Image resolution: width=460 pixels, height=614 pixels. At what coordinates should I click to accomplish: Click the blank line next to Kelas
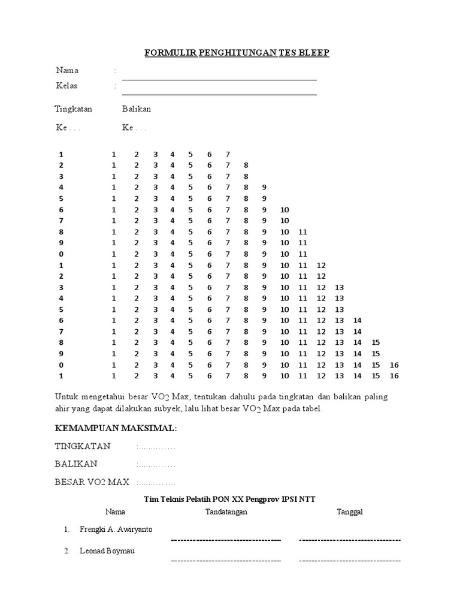point(219,94)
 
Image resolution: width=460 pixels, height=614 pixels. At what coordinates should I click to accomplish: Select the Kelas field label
point(66,86)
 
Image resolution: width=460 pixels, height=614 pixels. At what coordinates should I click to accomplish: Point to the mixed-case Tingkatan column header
point(74,109)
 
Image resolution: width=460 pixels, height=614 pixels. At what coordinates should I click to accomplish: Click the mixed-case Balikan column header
point(137,109)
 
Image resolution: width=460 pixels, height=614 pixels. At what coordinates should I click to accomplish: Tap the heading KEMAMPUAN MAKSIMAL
point(116,429)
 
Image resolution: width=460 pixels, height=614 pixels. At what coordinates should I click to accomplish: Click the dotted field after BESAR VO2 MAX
point(156,482)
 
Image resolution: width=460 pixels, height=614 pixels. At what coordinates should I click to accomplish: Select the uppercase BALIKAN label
point(76,464)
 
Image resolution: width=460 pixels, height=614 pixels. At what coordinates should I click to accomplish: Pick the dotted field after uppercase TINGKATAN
point(156,447)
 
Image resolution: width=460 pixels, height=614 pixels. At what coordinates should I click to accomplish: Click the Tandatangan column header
point(226,511)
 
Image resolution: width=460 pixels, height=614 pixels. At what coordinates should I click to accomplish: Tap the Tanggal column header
point(350,511)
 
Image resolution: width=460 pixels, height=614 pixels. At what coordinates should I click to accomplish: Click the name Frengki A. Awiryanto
point(116,530)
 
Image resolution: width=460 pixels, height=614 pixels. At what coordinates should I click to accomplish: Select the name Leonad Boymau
point(107,551)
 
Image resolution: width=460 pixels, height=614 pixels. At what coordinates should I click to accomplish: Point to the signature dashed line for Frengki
point(226,540)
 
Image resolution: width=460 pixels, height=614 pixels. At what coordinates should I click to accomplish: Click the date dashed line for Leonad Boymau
point(350,561)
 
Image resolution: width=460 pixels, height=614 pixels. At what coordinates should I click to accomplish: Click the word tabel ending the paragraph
point(311,408)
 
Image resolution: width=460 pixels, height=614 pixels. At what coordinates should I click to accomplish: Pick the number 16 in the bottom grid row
point(394,376)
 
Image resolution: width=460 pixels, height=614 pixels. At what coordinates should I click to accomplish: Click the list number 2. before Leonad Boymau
point(68,551)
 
